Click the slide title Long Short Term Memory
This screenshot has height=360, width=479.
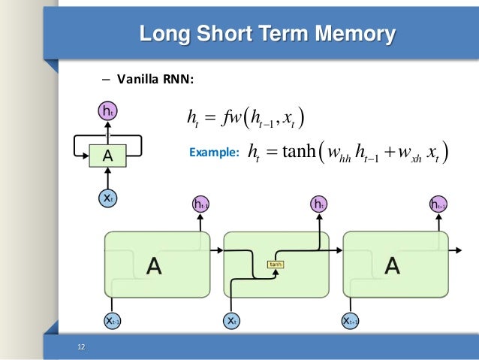click(268, 34)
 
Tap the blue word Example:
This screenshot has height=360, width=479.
click(213, 153)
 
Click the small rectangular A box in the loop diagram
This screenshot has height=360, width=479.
click(105, 156)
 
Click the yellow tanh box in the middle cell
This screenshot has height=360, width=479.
click(276, 265)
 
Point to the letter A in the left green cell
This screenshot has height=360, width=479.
click(154, 265)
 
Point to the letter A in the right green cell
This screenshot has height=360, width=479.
click(393, 265)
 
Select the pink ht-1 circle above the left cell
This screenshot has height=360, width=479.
click(200, 204)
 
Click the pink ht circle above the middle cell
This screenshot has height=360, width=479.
click(318, 204)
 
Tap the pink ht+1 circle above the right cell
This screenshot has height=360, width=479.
click(438, 204)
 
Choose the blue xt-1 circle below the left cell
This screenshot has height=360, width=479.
click(113, 321)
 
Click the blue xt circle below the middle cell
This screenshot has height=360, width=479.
click(232, 321)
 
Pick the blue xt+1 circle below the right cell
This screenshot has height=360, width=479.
click(351, 321)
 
